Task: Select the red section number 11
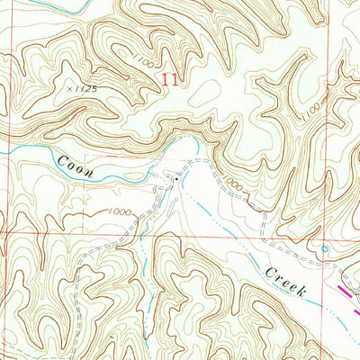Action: pyautogui.click(x=167, y=80)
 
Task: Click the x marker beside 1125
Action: pyautogui.click(x=69, y=88)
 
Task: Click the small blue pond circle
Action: pyautogui.click(x=324, y=248)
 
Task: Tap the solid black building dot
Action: pyautogui.click(x=176, y=177)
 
